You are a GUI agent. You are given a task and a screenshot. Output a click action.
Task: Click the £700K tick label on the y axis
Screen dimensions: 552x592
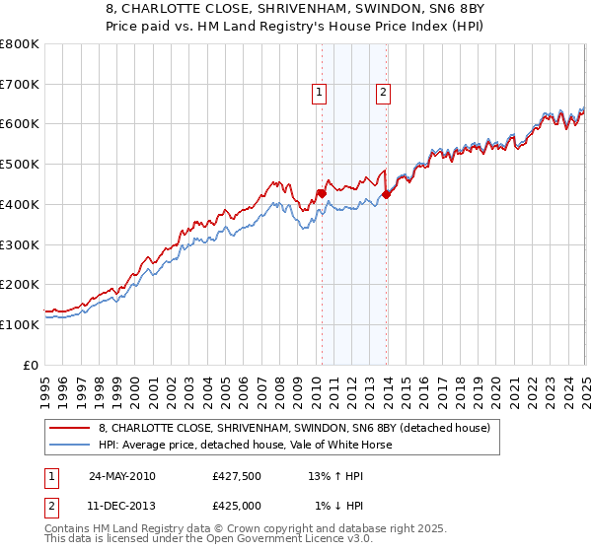click(20, 85)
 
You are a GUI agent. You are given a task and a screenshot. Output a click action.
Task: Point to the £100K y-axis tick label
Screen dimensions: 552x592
click(20, 324)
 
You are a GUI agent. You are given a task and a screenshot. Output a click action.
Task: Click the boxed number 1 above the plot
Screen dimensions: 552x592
click(321, 94)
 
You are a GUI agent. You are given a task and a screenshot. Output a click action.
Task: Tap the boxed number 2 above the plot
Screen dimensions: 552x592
click(383, 94)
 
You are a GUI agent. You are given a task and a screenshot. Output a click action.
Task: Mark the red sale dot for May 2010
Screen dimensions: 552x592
click(322, 193)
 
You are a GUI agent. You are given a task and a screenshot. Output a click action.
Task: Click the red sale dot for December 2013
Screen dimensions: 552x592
click(386, 194)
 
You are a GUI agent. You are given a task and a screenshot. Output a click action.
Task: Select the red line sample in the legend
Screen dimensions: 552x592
click(71, 428)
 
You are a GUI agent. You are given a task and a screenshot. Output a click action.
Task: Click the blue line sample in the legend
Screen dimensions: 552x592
click(71, 445)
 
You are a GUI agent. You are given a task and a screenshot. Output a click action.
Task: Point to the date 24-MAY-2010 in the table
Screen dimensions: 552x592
click(121, 476)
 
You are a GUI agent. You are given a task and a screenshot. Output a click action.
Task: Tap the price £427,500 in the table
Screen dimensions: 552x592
click(237, 476)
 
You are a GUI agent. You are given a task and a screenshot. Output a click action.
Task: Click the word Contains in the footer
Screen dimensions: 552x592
click(68, 530)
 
